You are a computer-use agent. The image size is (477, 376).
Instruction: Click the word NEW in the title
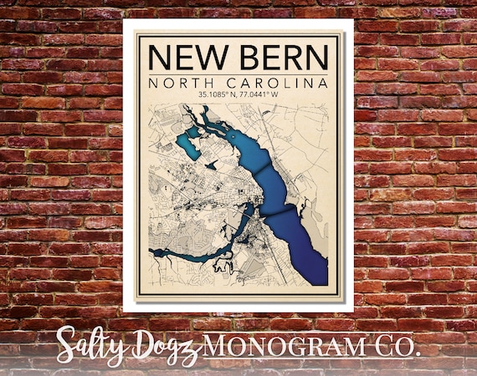(187, 58)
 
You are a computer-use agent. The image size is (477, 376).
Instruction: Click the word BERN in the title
(278, 58)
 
